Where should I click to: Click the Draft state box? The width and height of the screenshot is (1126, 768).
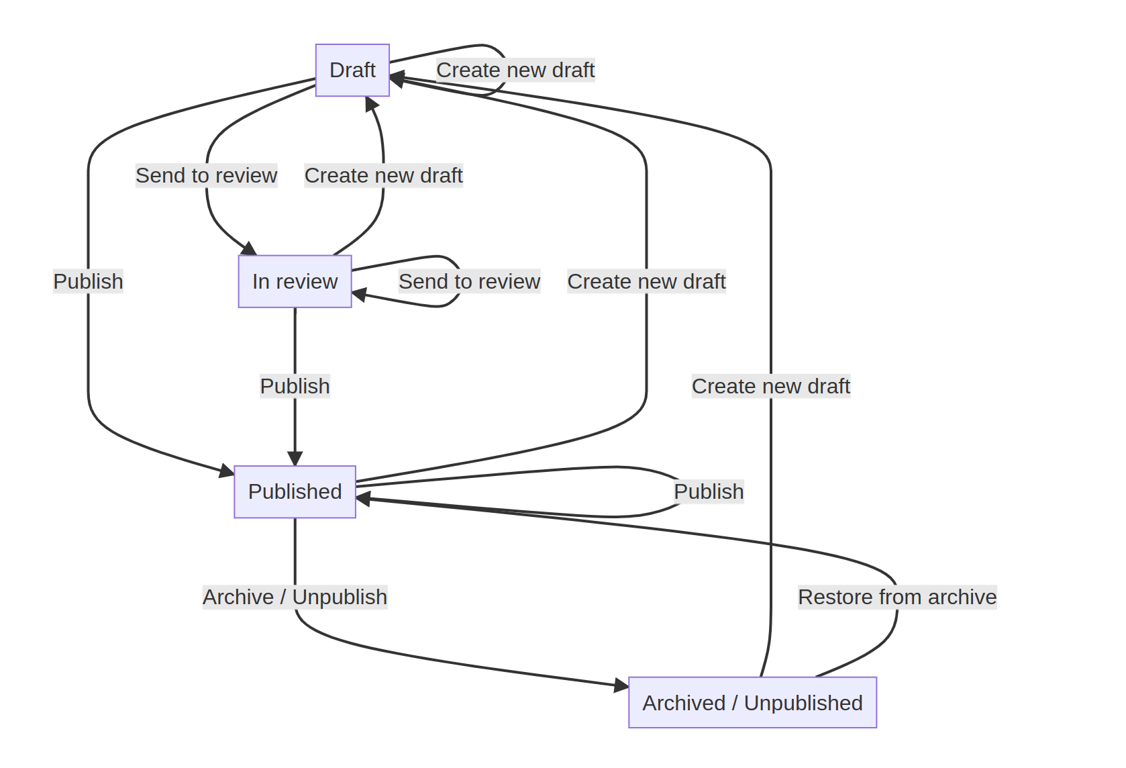(x=352, y=70)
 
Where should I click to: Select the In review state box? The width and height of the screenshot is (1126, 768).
(x=295, y=281)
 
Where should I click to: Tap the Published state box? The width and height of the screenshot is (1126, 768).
(x=295, y=491)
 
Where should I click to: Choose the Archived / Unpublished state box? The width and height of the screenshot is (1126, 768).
(x=752, y=702)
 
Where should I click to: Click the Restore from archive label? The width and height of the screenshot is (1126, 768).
(x=897, y=597)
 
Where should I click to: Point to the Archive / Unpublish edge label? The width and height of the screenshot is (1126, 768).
(x=295, y=597)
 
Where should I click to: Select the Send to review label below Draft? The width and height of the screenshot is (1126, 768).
(x=206, y=175)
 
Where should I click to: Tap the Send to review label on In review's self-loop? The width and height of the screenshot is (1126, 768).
(x=469, y=281)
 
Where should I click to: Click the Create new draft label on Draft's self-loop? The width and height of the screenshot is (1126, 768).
(x=515, y=70)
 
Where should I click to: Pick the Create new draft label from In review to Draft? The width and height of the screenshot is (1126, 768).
(x=383, y=175)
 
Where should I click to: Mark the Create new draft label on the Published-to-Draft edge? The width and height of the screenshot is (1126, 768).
(x=646, y=281)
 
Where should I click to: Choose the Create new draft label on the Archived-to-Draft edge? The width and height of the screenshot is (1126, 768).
(x=771, y=386)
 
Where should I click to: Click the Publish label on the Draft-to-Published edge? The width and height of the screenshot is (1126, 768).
(x=88, y=281)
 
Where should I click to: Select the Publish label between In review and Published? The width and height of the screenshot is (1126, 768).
(x=295, y=386)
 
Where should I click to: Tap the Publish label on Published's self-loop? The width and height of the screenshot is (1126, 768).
(x=709, y=491)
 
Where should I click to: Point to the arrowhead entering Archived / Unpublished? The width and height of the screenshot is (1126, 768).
(x=621, y=685)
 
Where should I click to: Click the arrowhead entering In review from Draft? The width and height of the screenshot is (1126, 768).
(x=249, y=248)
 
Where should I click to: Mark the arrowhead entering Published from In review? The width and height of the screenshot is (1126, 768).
(x=295, y=459)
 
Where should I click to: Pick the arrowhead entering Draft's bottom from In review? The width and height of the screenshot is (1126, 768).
(x=370, y=104)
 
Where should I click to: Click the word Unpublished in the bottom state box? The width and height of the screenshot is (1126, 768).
(x=803, y=702)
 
